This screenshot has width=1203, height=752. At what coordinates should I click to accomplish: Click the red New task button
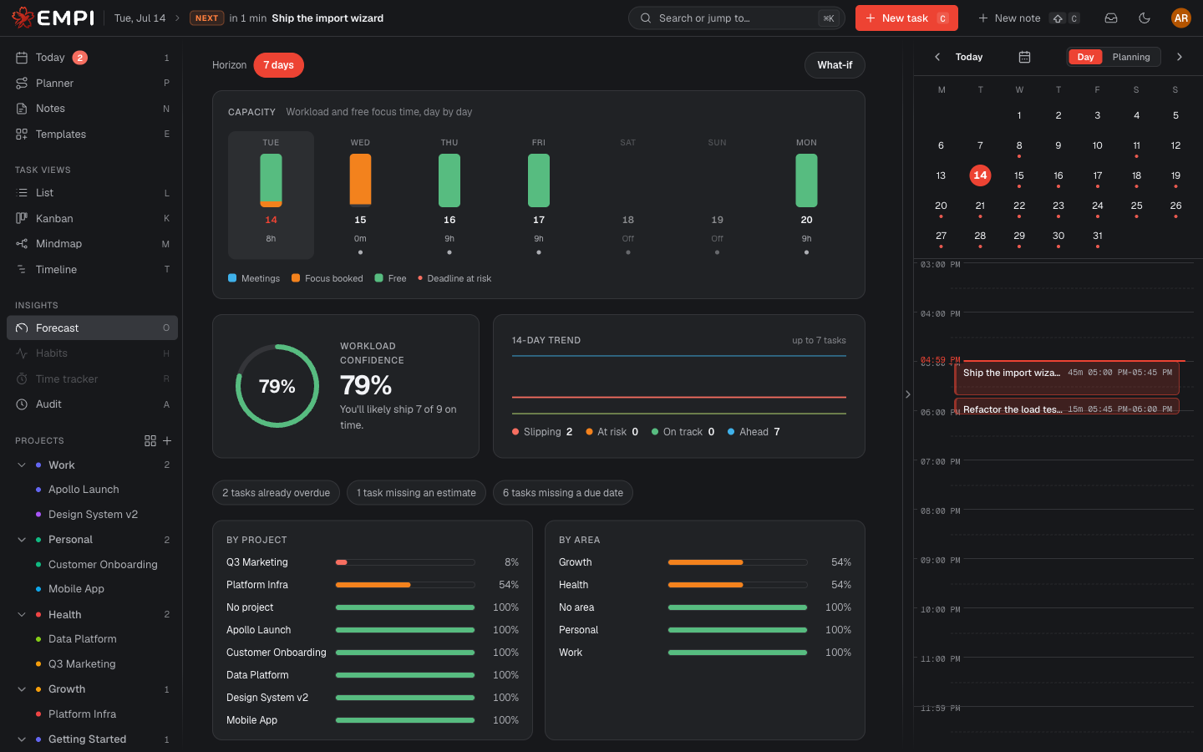click(906, 18)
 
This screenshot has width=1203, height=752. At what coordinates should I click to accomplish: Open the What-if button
click(835, 65)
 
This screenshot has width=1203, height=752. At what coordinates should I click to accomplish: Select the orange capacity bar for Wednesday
click(360, 180)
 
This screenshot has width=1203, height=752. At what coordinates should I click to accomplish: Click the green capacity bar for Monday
click(806, 180)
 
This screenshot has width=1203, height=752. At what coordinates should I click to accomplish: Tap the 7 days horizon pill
click(278, 65)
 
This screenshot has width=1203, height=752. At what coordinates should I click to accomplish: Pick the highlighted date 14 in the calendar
click(980, 175)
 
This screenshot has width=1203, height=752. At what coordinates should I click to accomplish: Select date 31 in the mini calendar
click(1097, 236)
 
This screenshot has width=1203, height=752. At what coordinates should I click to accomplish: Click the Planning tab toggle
click(1130, 57)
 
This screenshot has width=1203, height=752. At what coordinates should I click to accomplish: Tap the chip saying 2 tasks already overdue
click(276, 493)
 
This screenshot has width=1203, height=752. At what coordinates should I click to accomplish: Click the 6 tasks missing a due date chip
click(563, 493)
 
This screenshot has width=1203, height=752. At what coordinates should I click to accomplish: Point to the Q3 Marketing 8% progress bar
click(405, 562)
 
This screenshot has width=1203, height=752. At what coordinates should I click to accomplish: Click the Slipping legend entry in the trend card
click(542, 432)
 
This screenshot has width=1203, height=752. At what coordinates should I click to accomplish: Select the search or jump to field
click(736, 18)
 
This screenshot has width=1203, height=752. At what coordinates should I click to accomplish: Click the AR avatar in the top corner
click(1180, 18)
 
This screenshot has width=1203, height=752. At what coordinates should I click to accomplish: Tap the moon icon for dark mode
click(1145, 18)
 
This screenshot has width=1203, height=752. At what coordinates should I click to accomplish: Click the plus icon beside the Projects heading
click(167, 441)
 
